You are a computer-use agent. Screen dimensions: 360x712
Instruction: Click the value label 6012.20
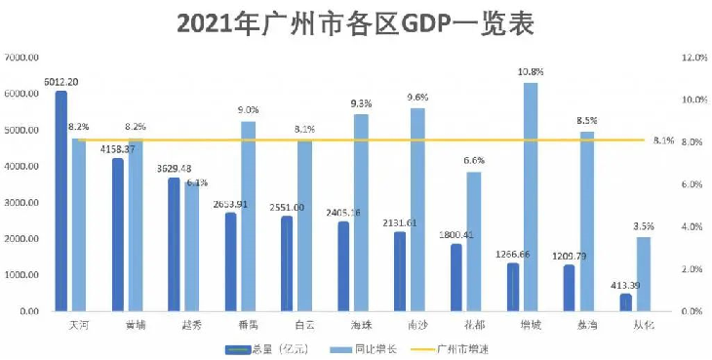coord(61,82)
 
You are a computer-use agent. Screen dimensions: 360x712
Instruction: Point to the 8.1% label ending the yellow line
coord(664,140)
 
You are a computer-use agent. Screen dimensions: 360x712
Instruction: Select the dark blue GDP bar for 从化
coord(625,302)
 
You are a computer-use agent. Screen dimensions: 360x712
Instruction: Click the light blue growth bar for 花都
coord(473,242)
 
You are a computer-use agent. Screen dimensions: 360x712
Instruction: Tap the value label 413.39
coord(625,285)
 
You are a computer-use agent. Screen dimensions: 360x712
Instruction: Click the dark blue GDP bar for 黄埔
coord(118,235)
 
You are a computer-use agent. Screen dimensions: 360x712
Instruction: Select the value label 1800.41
coord(455,234)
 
